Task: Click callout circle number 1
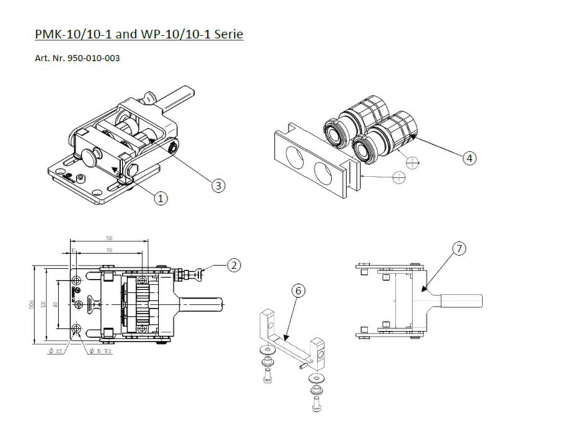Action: click(x=161, y=198)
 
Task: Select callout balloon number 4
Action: click(x=470, y=158)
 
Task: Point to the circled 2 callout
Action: click(x=234, y=265)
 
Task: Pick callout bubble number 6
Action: click(x=299, y=291)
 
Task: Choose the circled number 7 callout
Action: click(x=458, y=249)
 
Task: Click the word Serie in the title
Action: click(x=227, y=34)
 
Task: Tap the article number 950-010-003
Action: click(x=93, y=59)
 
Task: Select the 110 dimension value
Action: click(x=109, y=250)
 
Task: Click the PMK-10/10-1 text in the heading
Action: click(x=73, y=34)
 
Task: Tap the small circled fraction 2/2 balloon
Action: click(x=412, y=162)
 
